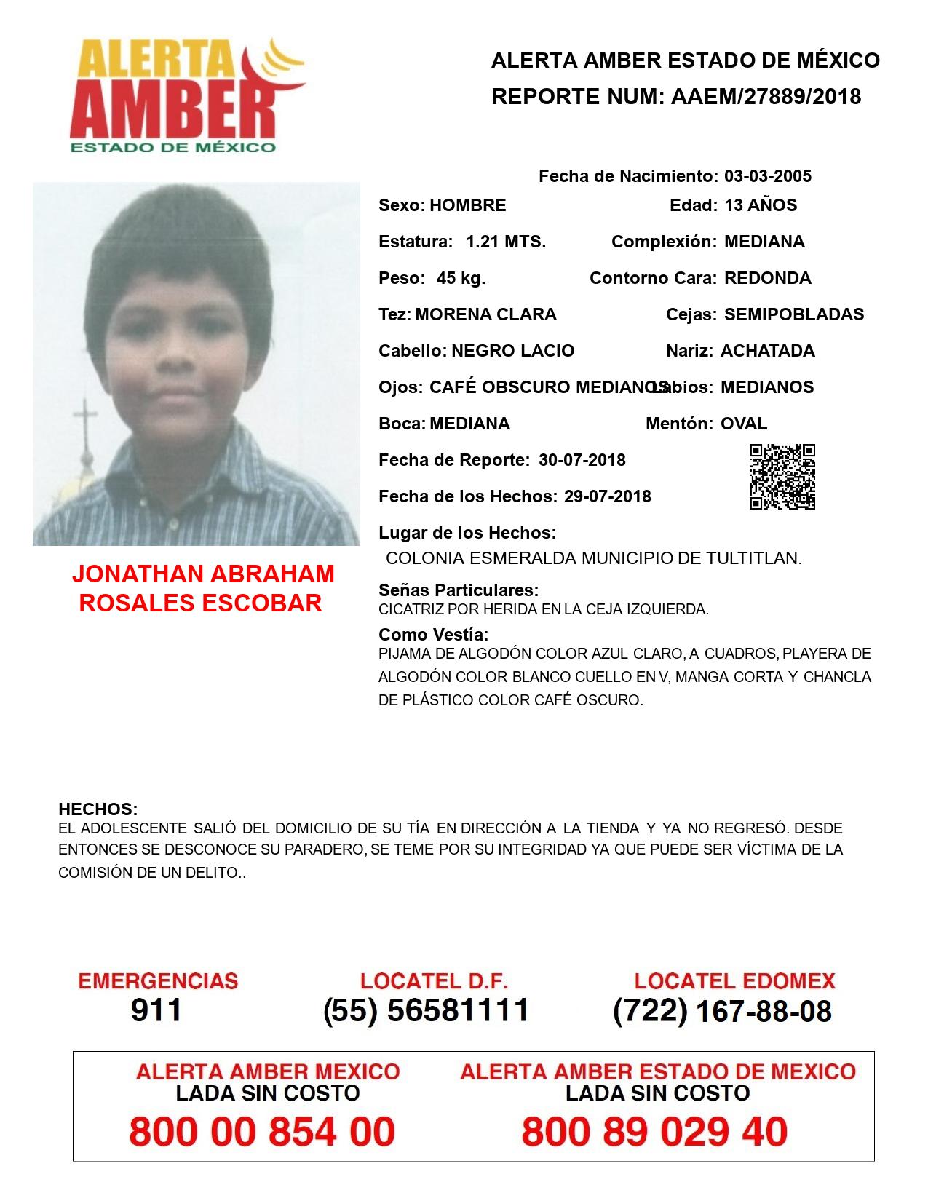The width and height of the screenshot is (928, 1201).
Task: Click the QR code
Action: (x=782, y=477)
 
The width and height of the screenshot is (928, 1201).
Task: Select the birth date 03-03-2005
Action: (x=767, y=176)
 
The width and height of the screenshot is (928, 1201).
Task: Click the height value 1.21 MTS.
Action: (x=506, y=242)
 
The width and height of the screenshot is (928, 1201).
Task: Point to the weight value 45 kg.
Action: (x=461, y=278)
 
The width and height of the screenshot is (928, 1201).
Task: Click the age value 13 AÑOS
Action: (x=761, y=205)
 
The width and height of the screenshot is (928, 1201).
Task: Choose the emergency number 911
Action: (x=156, y=1010)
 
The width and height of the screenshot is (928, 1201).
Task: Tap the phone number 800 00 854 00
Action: (x=262, y=1132)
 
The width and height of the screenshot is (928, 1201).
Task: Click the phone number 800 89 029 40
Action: (x=654, y=1132)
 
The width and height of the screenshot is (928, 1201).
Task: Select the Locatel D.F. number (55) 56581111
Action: (x=426, y=1010)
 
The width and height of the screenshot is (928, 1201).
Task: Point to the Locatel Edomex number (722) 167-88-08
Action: (x=722, y=1011)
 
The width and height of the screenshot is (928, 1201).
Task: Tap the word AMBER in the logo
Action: (x=175, y=109)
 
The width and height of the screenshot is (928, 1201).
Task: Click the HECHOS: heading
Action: (x=98, y=809)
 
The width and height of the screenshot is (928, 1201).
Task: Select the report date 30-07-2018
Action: (x=582, y=460)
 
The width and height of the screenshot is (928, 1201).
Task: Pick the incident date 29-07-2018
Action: (x=607, y=496)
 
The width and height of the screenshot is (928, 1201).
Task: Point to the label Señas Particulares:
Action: (x=459, y=590)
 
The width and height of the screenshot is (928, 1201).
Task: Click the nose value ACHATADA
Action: (x=767, y=351)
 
